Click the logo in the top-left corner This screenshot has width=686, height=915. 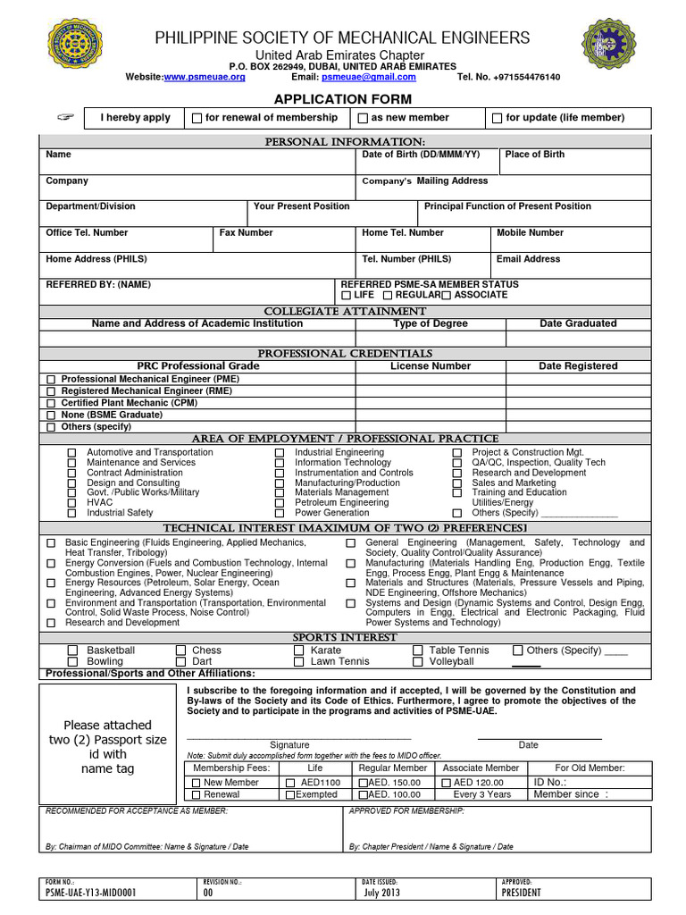pyautogui.click(x=75, y=52)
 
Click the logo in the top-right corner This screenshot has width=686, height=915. pyautogui.click(x=610, y=52)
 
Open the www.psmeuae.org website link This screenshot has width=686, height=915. pyautogui.click(x=204, y=78)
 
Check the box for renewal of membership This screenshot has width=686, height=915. pyautogui.click(x=197, y=118)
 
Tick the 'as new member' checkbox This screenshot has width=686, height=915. pyautogui.click(x=364, y=118)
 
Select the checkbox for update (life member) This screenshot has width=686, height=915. pyautogui.click(x=498, y=118)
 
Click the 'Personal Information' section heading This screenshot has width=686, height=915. pyautogui.click(x=344, y=142)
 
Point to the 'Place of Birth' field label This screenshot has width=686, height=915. pyautogui.click(x=534, y=155)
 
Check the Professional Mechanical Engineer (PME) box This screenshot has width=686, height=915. pyautogui.click(x=51, y=380)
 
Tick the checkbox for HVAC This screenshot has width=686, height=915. pyautogui.click(x=71, y=503)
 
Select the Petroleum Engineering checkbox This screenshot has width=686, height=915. pyautogui.click(x=280, y=503)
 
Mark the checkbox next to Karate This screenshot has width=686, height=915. pyautogui.click(x=299, y=651)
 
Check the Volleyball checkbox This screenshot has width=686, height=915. pyautogui.click(x=417, y=662)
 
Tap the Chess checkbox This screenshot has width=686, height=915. pyautogui.click(x=181, y=651)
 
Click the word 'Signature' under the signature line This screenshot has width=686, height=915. pyautogui.click(x=289, y=745)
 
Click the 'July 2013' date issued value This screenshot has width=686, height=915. pyautogui.click(x=381, y=893)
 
